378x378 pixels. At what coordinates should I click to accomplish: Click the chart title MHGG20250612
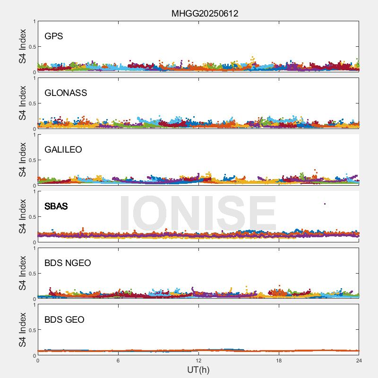point(205,13)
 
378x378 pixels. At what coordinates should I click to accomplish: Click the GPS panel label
point(54,36)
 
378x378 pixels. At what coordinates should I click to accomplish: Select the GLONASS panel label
point(66,93)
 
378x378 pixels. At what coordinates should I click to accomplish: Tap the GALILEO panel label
point(63,150)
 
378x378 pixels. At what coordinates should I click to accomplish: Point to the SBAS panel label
point(56,206)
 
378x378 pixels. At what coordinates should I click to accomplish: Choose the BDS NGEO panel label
point(68,263)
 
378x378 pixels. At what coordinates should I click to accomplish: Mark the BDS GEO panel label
point(64,320)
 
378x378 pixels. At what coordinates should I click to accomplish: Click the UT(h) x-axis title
point(198,369)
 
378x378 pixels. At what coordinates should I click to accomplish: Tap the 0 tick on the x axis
point(38,361)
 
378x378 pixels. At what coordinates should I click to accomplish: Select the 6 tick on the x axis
point(118,361)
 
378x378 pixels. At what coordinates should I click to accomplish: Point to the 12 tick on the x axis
point(198,361)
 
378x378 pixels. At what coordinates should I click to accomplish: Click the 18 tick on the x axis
point(279,361)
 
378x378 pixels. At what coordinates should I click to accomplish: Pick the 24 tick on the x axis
point(359,361)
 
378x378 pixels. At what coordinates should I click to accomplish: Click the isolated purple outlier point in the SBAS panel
point(325,204)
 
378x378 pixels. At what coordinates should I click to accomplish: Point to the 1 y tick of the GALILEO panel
point(34,135)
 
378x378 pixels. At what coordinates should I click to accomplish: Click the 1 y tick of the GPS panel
point(34,22)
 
